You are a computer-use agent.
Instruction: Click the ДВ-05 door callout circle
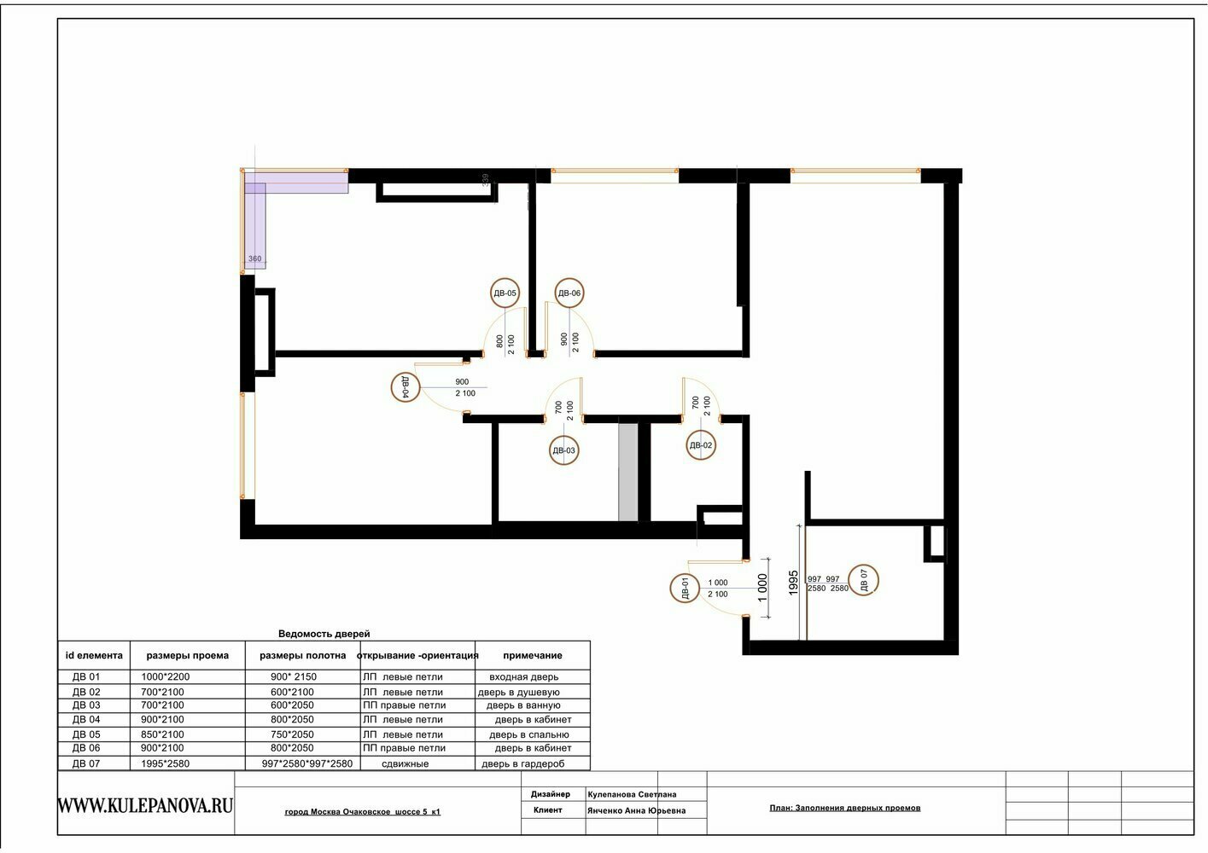click(x=505, y=280)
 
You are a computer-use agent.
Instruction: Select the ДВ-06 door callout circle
click(x=569, y=280)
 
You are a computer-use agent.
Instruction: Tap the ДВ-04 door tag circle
click(x=392, y=387)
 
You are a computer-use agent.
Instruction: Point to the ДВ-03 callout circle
click(x=563, y=436)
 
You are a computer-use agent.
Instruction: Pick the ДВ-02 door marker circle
click(x=701, y=431)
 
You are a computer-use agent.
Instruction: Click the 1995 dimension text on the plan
click(x=793, y=583)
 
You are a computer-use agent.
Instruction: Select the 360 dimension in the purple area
click(x=254, y=258)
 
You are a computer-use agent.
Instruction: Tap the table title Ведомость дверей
click(x=324, y=634)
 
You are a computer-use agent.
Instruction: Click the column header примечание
click(x=532, y=655)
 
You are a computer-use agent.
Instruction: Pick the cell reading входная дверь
click(x=523, y=676)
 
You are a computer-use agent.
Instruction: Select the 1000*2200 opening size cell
click(x=165, y=676)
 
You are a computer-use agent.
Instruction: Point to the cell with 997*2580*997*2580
click(x=306, y=763)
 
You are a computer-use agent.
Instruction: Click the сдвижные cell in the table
click(x=405, y=763)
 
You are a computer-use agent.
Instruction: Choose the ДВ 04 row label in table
click(x=86, y=719)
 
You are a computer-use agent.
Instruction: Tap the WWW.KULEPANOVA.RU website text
click(x=145, y=805)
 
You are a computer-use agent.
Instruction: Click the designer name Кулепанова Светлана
click(x=632, y=794)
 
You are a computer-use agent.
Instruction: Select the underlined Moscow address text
click(x=362, y=811)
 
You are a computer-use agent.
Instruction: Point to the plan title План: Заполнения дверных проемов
click(x=844, y=808)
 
